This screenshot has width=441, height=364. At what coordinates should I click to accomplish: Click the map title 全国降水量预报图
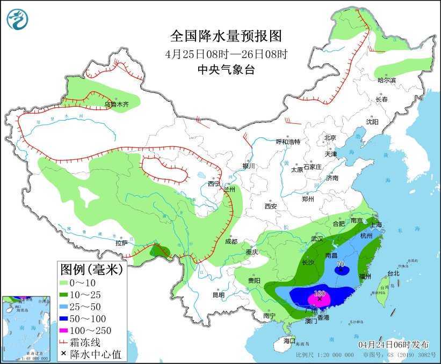(x=226, y=36)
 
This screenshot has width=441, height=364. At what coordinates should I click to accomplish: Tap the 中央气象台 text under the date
(x=226, y=70)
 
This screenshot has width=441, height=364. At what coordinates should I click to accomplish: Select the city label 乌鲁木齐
(x=117, y=105)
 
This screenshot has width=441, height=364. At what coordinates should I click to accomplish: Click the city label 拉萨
(x=121, y=243)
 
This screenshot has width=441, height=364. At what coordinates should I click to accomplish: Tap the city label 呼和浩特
(x=288, y=142)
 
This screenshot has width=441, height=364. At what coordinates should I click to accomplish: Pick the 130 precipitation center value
(x=320, y=294)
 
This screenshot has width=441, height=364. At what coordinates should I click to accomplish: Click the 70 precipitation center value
(x=339, y=264)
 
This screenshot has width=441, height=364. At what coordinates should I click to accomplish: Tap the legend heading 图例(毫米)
(x=91, y=268)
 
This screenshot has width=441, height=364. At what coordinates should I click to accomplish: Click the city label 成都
(x=232, y=241)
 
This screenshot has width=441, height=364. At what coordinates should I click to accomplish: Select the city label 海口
(x=290, y=340)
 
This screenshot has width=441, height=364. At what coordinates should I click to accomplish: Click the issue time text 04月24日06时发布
(x=389, y=344)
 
